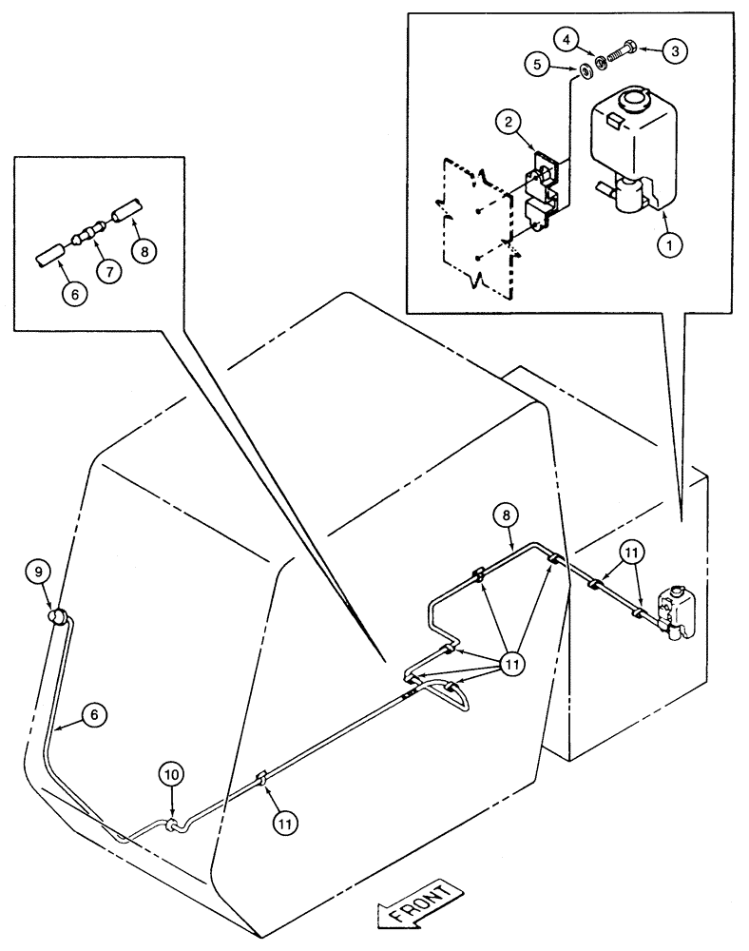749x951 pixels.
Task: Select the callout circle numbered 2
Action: (x=509, y=122)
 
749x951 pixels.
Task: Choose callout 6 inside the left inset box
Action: (x=75, y=295)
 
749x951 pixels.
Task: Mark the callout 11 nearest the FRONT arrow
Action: (x=282, y=825)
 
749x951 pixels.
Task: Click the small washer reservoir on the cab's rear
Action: (x=679, y=611)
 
